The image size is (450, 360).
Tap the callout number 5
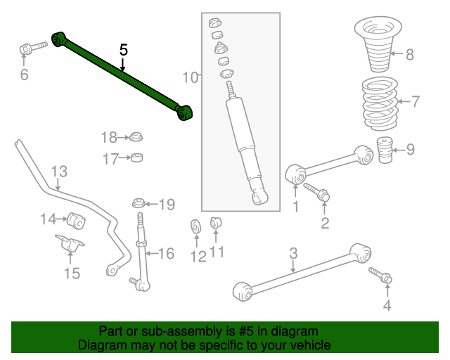tap(124, 50)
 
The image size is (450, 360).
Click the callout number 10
tap(191, 77)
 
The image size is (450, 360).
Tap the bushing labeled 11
tap(217, 224)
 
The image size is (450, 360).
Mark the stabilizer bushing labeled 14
tap(77, 220)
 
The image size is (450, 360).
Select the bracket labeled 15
tap(71, 248)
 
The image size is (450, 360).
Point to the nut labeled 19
tap(139, 205)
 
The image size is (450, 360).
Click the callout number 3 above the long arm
tap(294, 253)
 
